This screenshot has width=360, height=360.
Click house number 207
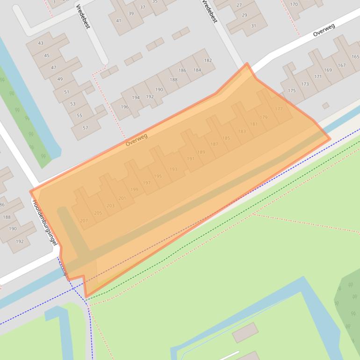pyautogui.click(x=84, y=220)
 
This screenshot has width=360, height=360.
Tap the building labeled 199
pyautogui.click(x=134, y=189)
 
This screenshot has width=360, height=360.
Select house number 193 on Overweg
pyautogui.click(x=173, y=169)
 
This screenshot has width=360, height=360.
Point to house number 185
pyautogui.click(x=226, y=138)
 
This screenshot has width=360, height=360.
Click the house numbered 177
pyautogui.click(x=279, y=109)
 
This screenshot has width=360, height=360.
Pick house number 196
pyautogui.click(x=124, y=107)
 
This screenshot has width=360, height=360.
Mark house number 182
pyautogui.click(x=208, y=60)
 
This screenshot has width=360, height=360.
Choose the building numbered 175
pyautogui.click(x=292, y=91)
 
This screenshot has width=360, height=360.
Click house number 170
pyautogui.click(x=294, y=5)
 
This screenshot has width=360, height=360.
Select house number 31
pyautogui.click(x=253, y=26)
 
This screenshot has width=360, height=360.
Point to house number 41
pyautogui.click(x=119, y=20)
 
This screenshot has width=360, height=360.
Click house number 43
pyautogui.click(x=41, y=43)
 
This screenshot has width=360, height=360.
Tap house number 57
pyautogui.click(x=85, y=128)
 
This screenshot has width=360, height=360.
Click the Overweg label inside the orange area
pyautogui.click(x=137, y=139)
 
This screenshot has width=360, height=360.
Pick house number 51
pyautogui.click(x=66, y=92)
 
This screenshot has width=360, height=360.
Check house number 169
pyautogui.click(x=328, y=70)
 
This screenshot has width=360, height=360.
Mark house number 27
pyautogui.click(x=239, y=5)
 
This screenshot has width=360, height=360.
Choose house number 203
pyautogui.click(x=110, y=205)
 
